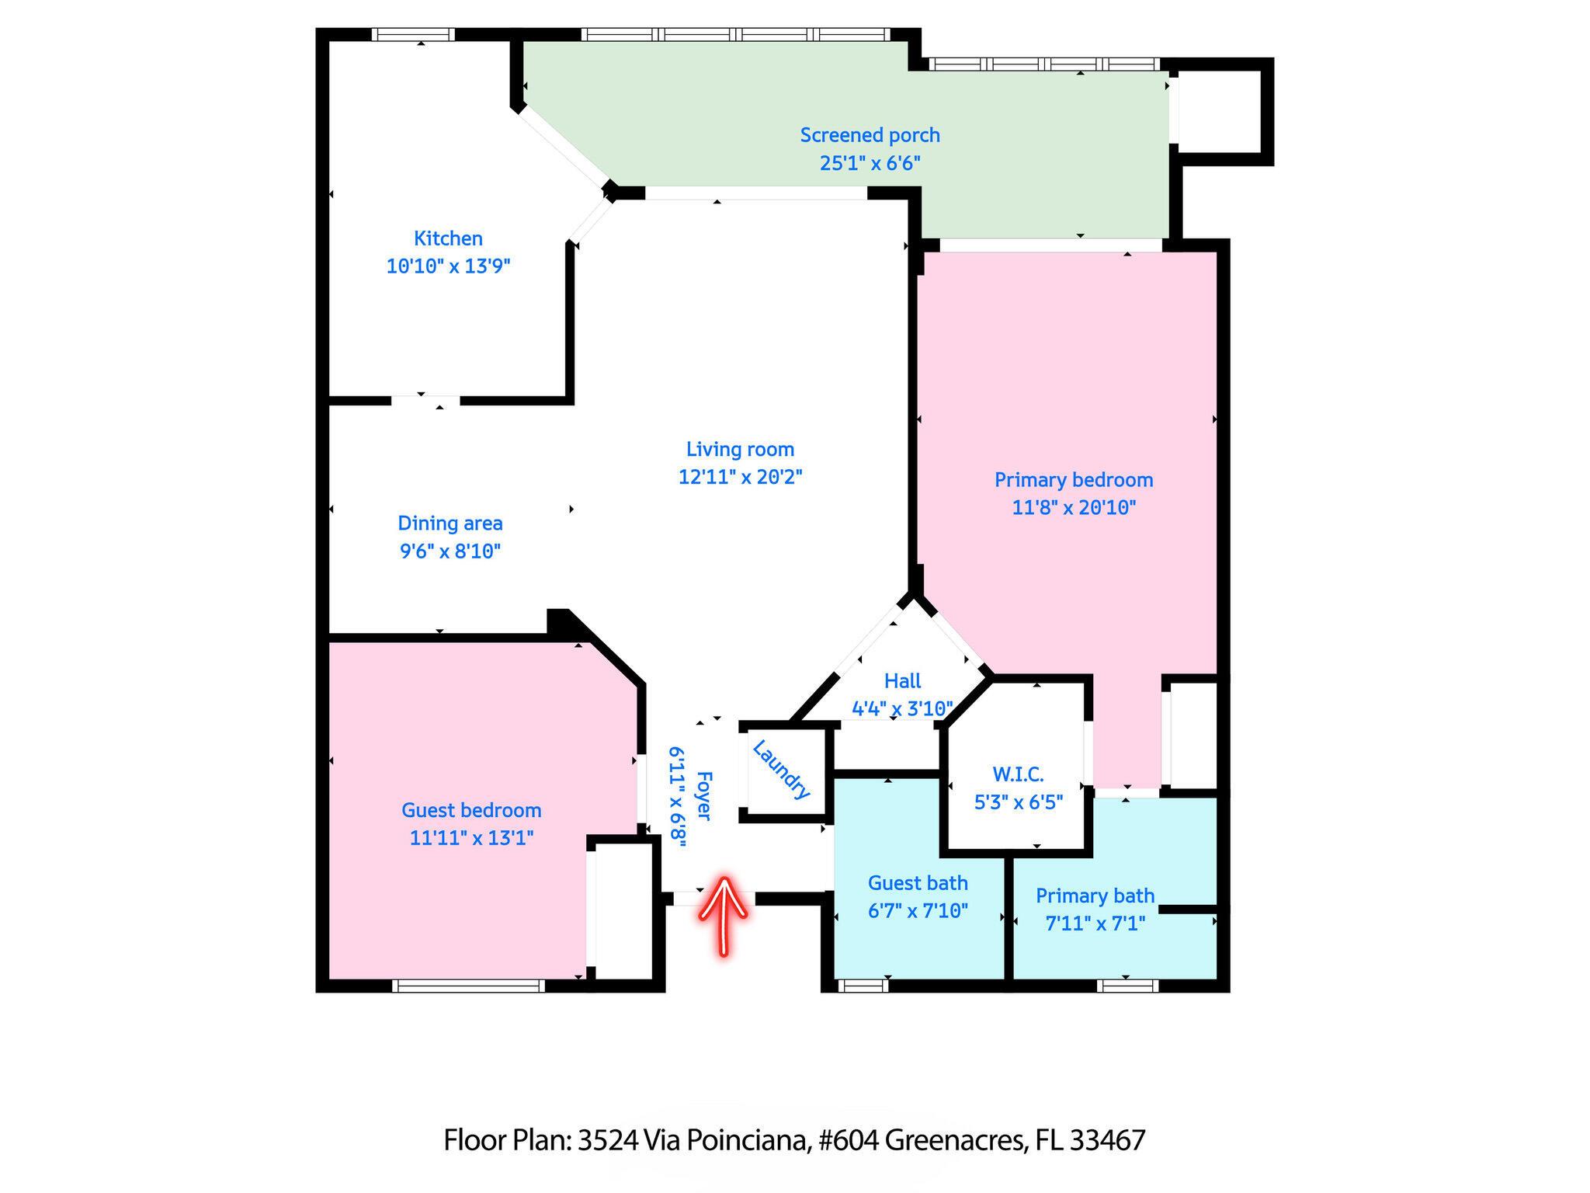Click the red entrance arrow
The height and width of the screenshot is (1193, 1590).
(x=724, y=916)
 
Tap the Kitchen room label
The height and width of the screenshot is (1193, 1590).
(x=448, y=238)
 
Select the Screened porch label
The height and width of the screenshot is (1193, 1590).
(x=870, y=136)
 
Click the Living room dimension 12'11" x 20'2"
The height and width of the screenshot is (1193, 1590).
(x=740, y=477)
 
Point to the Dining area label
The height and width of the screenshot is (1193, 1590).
(x=450, y=523)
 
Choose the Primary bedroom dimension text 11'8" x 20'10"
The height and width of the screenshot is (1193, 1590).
(x=1074, y=508)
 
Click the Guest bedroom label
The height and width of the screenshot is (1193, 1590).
(x=471, y=810)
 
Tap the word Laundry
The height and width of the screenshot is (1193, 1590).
(x=781, y=770)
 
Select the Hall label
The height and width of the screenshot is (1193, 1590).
(x=902, y=681)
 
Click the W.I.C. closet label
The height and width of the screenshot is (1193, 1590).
(x=1018, y=774)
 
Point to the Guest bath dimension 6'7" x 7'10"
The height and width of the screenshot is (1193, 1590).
(x=918, y=910)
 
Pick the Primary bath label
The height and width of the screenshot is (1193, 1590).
(x=1095, y=896)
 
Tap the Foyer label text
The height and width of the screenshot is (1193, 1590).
(x=704, y=795)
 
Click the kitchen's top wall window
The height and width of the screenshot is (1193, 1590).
(x=412, y=34)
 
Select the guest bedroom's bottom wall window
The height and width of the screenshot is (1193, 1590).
(x=468, y=986)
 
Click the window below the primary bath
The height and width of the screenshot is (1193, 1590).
(x=1127, y=986)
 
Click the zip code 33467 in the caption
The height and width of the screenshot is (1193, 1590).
(x=1107, y=1140)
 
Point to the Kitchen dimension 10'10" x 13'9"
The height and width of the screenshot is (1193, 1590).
(x=448, y=266)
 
